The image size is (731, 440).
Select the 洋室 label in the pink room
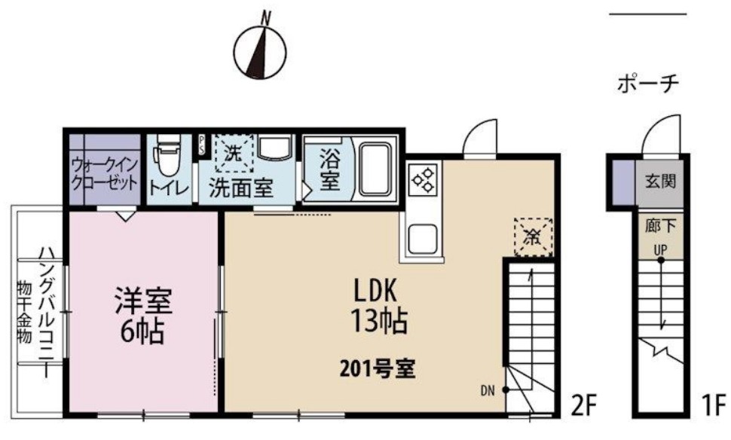pyautogui.click(x=143, y=301)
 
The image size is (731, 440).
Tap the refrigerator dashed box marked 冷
pyautogui.click(x=532, y=236)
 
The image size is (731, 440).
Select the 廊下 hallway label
pyautogui.click(x=660, y=224)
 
